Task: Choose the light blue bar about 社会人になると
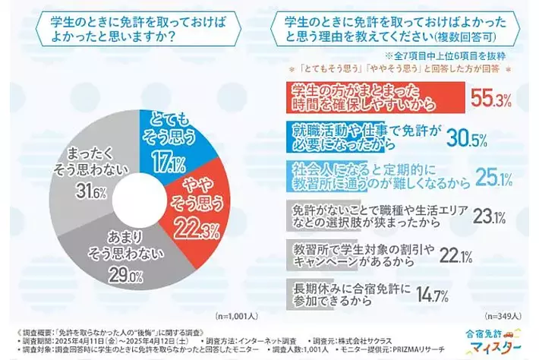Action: (379, 175)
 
